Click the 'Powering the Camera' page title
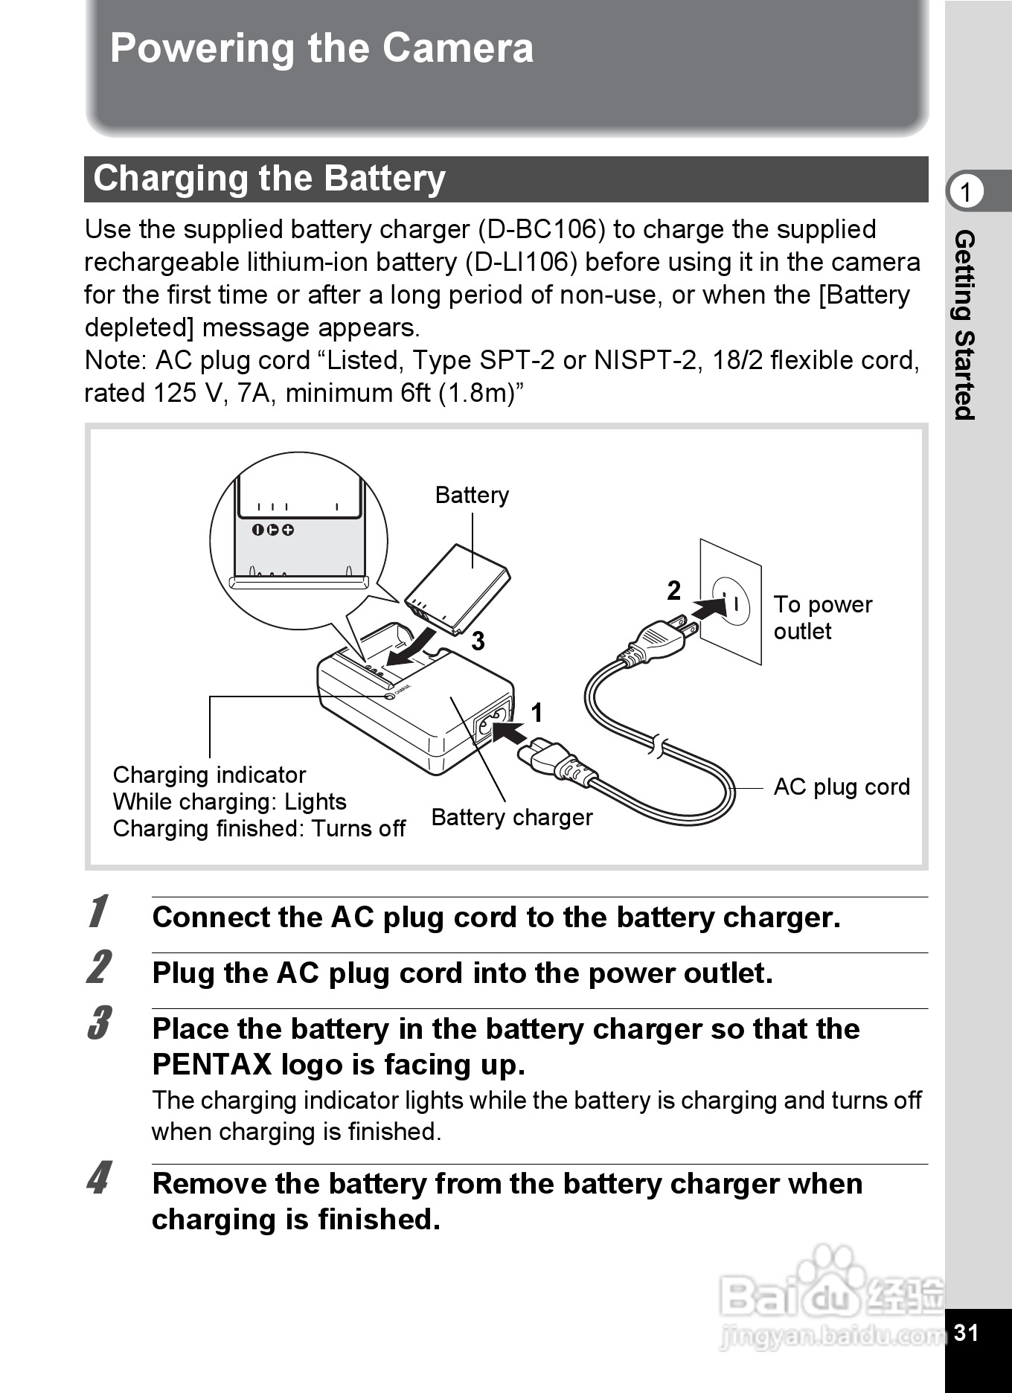coord(321,49)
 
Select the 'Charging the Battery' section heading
coord(269,179)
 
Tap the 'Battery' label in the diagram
coord(472,496)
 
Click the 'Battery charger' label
coord(512,818)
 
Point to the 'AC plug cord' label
coord(842,787)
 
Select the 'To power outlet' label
coord(822,618)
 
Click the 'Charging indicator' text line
coord(209,775)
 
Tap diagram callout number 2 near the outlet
coord(673,591)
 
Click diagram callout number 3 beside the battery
coord(478,641)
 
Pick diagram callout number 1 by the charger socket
coord(537,713)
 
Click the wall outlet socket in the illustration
coord(731,601)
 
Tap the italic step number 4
coord(98,1178)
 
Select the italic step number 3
coord(98,1023)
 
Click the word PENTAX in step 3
coord(212,1065)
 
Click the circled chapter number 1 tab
coord(966,192)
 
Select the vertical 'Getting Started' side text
coord(964,325)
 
